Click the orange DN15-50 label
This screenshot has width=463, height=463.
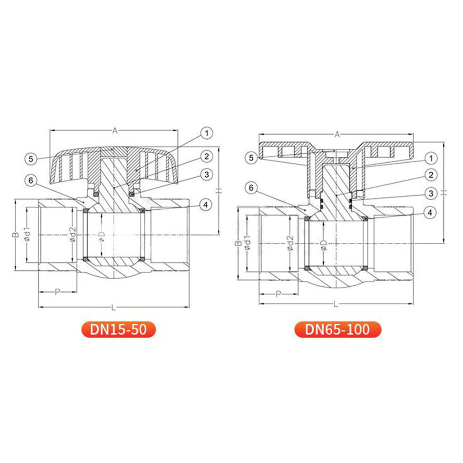pos(118,329)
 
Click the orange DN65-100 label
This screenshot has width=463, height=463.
pos(337,329)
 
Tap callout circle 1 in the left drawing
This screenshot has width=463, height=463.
pos(207,133)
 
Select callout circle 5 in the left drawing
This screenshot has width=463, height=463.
pos(31,159)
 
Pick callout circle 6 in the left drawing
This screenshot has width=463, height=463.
pos(31,180)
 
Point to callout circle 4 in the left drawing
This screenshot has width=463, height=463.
pos(206,205)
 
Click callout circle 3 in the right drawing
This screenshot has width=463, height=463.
pos(431,194)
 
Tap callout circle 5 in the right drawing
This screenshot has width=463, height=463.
pos(251,158)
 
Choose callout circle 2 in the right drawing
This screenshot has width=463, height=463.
pos(431,175)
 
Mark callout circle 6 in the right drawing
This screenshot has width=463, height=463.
pos(251,188)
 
